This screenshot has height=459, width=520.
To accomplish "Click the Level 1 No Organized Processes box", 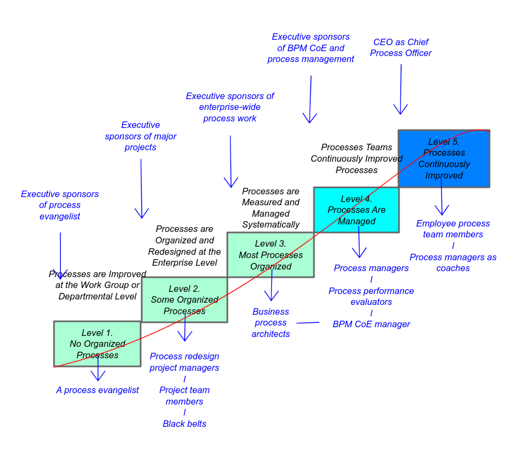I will pyautogui.click(x=97, y=344).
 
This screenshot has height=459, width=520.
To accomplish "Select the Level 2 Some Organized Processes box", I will pyautogui.click(x=184, y=299).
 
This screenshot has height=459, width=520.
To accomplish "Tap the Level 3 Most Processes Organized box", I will pyautogui.click(x=270, y=255).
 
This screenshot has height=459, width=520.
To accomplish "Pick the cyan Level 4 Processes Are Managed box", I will pyautogui.click(x=356, y=210).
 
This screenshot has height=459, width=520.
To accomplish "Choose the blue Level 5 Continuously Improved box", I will pyautogui.click(x=444, y=158).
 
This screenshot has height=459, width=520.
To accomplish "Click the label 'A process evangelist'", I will pyautogui.click(x=98, y=390).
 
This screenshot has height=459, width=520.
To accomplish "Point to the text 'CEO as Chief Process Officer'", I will pyautogui.click(x=401, y=47).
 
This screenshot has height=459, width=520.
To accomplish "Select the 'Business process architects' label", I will pyautogui.click(x=270, y=322).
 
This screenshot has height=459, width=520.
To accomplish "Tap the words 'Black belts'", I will pyautogui.click(x=184, y=424).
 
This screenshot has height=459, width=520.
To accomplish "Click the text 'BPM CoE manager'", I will pyautogui.click(x=371, y=324).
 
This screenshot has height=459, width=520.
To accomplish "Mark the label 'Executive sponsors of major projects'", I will pyautogui.click(x=141, y=136).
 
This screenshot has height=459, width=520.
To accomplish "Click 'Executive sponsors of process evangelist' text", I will pyautogui.click(x=60, y=205).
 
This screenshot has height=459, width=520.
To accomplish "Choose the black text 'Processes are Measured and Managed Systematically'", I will pyautogui.click(x=270, y=207).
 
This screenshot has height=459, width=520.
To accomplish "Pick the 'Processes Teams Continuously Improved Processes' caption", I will pyautogui.click(x=356, y=158).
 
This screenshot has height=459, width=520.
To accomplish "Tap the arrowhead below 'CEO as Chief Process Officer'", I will pyautogui.click(x=401, y=111).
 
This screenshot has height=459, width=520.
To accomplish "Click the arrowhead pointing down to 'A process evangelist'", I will pyautogui.click(x=98, y=377).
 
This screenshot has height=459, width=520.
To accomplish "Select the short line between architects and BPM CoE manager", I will pyautogui.click(x=308, y=323).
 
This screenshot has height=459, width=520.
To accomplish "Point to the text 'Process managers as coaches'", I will pyautogui.click(x=453, y=262).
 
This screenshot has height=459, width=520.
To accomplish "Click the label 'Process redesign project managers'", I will pyautogui.click(x=184, y=362).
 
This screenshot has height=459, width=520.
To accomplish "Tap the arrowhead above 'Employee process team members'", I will pyautogui.click(x=442, y=211).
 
